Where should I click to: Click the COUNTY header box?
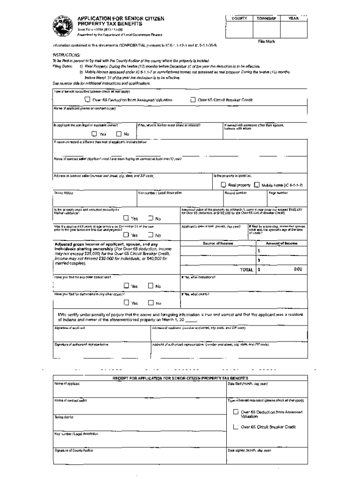tap(239, 18)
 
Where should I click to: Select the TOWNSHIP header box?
tap(266, 18)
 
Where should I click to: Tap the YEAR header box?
tap(293, 18)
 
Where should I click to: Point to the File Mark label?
tap(266, 42)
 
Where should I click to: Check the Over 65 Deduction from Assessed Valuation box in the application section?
tap(87, 100)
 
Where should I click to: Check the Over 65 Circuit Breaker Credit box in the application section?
tap(193, 100)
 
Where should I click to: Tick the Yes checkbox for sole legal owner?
tap(94, 134)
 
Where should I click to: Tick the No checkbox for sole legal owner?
tap(119, 134)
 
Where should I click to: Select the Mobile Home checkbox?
tap(257, 185)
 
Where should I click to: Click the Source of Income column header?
tap(217, 243)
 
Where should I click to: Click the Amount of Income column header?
tap(281, 243)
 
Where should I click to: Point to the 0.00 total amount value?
tap(297, 269)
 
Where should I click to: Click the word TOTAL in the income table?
tap(246, 269)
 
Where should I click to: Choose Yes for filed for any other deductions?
tap(126, 286)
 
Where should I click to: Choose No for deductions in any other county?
tap(151, 303)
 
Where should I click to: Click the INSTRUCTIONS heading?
tap(67, 55)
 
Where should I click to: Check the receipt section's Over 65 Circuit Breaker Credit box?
tap(236, 427)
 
